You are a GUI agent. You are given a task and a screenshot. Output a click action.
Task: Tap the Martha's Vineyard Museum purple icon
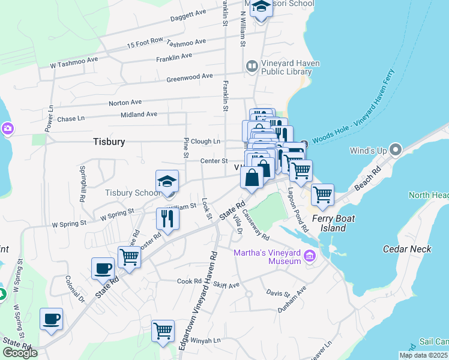coord(310,256)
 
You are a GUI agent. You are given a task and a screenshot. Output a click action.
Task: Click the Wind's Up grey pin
coord(395,149)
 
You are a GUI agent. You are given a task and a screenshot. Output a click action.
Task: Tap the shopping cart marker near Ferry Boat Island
coord(323,196)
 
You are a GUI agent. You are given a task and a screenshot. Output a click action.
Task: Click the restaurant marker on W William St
coord(167,219)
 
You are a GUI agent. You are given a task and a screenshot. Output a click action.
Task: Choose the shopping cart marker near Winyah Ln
coord(163,331)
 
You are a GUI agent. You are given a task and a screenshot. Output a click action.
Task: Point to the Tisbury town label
coord(109,142)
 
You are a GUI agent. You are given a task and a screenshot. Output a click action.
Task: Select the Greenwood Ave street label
coord(190,77)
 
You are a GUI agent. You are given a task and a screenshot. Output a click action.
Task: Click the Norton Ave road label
coord(125,103)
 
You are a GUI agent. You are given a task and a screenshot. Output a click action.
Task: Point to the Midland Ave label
coord(139,114)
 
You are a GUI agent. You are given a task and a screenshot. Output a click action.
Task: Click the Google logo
coord(20,353)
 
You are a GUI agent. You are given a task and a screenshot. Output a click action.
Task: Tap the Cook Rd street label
coord(189,281)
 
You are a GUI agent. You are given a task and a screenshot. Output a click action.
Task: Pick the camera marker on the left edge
coord(7,128)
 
